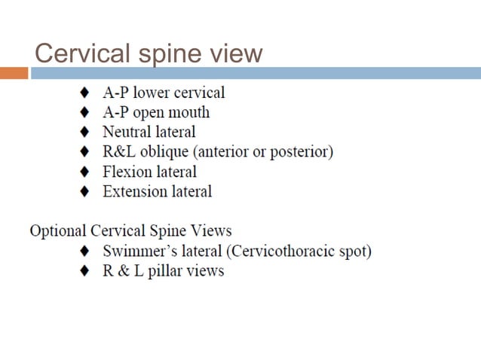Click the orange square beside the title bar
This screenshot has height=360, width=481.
point(14,73)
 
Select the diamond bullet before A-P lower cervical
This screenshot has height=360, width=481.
point(84,93)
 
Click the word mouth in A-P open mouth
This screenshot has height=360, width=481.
point(189,113)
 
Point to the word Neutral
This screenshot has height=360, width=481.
point(128,133)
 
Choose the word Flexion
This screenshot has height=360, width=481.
point(128,172)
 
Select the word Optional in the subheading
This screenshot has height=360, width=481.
point(57,230)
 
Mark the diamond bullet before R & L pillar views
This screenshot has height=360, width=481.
point(84,270)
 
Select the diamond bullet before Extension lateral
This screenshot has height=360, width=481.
point(84,191)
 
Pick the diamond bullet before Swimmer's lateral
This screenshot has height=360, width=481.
point(84,251)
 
